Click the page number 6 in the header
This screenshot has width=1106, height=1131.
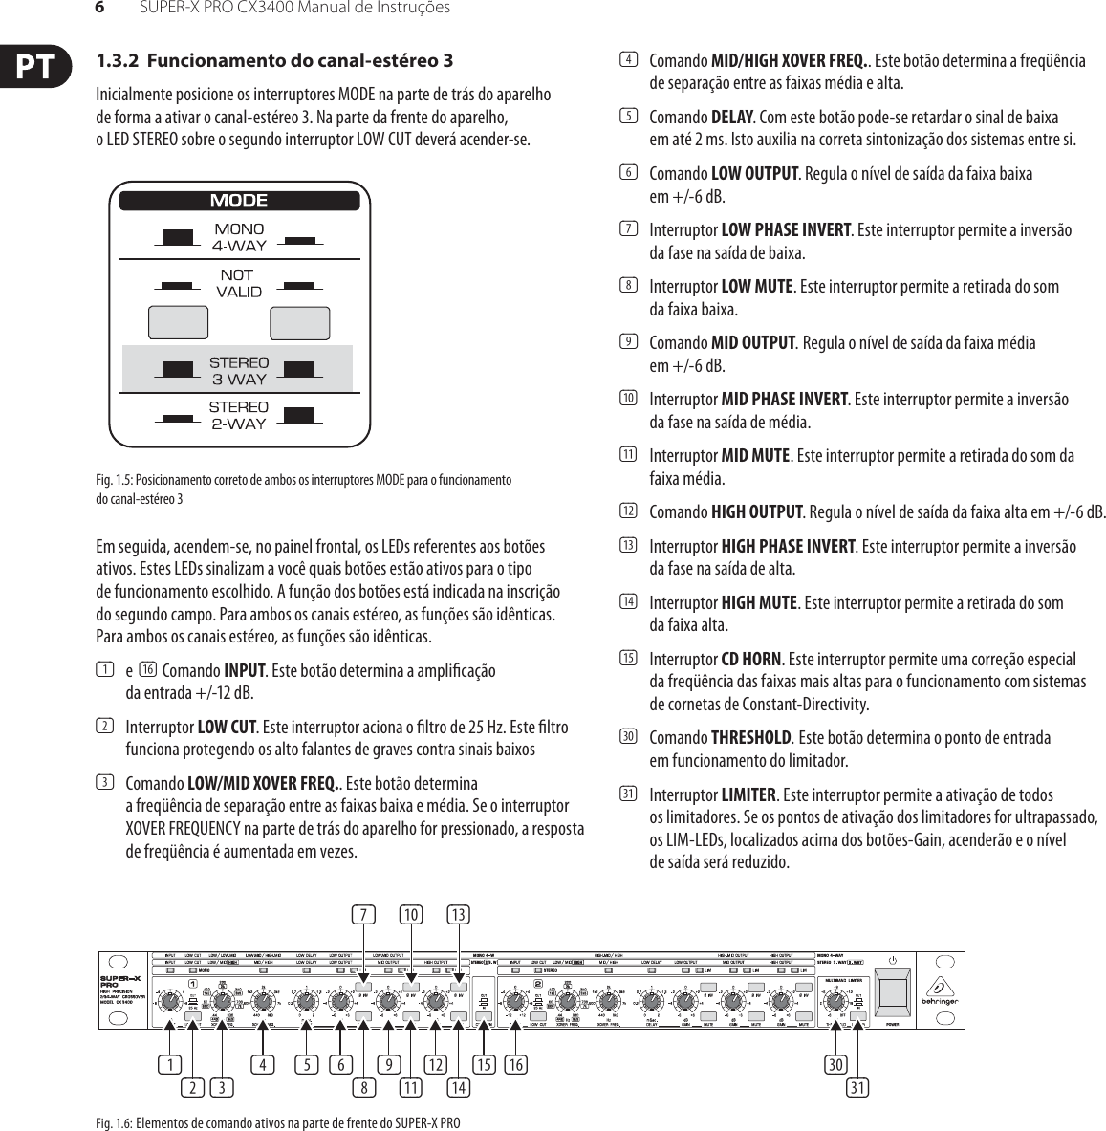pyautogui.click(x=98, y=9)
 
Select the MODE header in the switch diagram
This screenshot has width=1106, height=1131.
pyautogui.click(x=239, y=201)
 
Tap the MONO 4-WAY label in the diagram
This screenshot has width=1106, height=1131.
pyautogui.click(x=239, y=237)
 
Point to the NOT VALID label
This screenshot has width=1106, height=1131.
pyautogui.click(x=239, y=283)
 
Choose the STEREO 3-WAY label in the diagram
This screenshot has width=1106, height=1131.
pyautogui.click(x=239, y=371)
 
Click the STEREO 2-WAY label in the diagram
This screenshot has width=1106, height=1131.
pyautogui.click(x=239, y=416)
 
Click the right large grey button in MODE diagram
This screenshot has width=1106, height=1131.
pyautogui.click(x=300, y=323)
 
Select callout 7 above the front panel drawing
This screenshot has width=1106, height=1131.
pyautogui.click(x=362, y=915)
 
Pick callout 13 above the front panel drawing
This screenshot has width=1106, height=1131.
pyautogui.click(x=458, y=915)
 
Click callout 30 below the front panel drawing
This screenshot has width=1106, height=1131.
pyautogui.click(x=836, y=1063)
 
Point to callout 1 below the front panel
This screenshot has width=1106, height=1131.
pyautogui.click(x=170, y=1063)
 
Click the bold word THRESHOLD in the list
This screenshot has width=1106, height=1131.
pyautogui.click(x=751, y=737)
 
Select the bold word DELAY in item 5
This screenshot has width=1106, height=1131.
pyautogui.click(x=733, y=118)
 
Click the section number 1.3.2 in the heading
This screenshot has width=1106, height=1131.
pyautogui.click(x=118, y=61)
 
